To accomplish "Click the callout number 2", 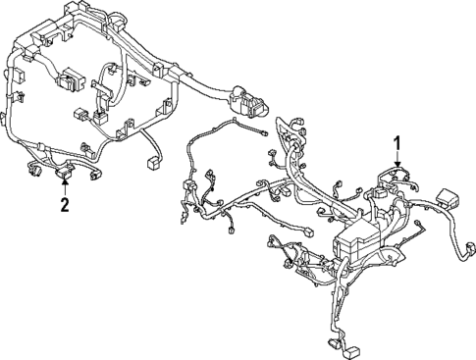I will tap(65, 205).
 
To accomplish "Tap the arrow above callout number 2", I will tap(65, 186).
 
